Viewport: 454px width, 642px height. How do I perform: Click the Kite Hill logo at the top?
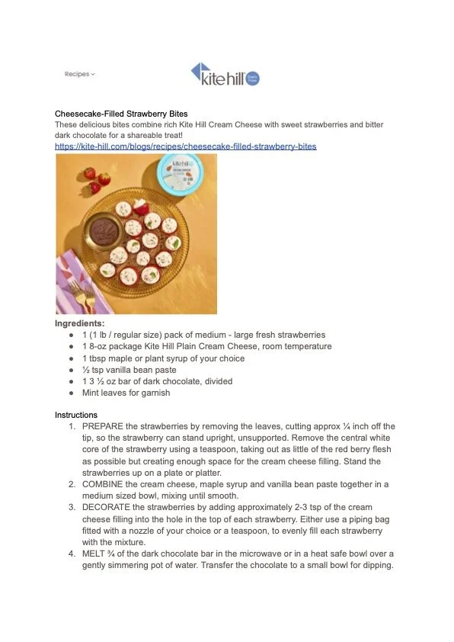coord(225,74)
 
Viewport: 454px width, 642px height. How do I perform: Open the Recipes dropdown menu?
coord(79,74)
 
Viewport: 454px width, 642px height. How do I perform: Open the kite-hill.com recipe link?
coord(185,146)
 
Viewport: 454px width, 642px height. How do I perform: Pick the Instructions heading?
coord(76,415)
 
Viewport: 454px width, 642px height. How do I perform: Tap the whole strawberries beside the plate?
coord(96,179)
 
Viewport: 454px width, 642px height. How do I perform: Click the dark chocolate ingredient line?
coord(157,381)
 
